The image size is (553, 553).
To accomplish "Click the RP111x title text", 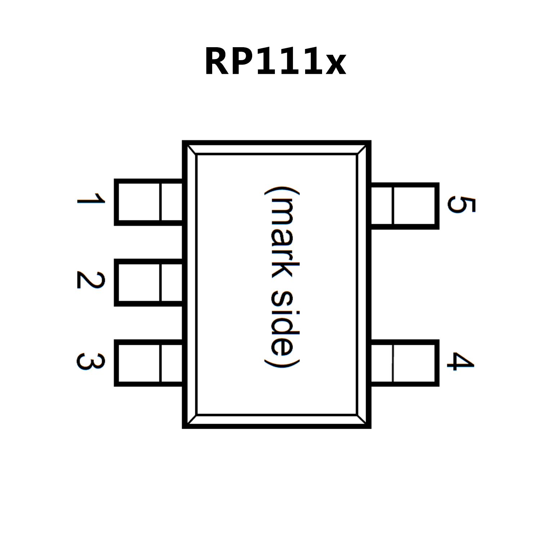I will click(x=275, y=61).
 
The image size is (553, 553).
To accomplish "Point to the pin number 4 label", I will click(x=461, y=361).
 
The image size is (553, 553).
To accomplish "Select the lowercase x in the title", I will click(x=336, y=66).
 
